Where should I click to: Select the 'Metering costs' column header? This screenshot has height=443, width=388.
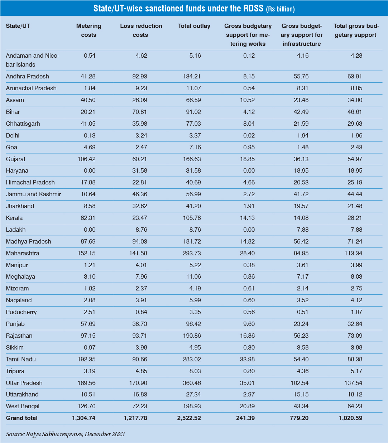(x=88, y=30)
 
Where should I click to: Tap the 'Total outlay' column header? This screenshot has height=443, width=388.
(x=194, y=26)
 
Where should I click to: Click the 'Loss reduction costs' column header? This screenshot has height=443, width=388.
(x=141, y=30)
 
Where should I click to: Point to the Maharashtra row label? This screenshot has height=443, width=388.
(x=23, y=253)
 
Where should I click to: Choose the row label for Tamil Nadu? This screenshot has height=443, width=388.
(x=21, y=359)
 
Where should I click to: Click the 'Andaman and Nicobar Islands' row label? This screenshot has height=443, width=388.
(x=32, y=60)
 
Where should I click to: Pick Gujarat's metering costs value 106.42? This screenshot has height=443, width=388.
(x=86, y=159)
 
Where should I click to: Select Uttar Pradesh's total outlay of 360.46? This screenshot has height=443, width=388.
(x=192, y=383)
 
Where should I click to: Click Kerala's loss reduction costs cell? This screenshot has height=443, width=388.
(x=140, y=218)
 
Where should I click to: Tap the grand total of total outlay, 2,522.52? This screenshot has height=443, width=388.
(x=189, y=418)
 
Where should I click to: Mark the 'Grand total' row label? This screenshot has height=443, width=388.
(x=21, y=418)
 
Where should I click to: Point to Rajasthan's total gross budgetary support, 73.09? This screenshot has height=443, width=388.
(x=355, y=336)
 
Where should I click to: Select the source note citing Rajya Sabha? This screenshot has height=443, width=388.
(x=65, y=434)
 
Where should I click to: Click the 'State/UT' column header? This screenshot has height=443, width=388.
(x=18, y=26)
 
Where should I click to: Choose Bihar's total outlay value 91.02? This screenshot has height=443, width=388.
(x=193, y=112)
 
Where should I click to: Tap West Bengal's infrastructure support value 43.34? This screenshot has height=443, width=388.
(x=301, y=406)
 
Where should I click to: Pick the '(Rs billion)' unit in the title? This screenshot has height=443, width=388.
(x=280, y=9)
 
